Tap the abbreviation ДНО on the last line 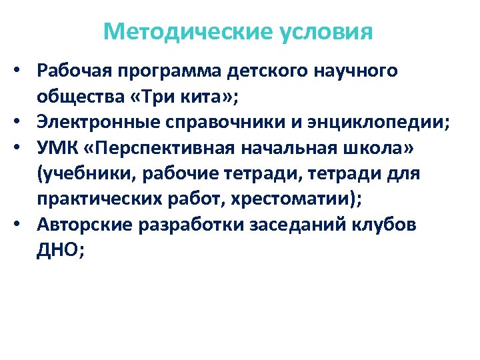pos(57,250)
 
